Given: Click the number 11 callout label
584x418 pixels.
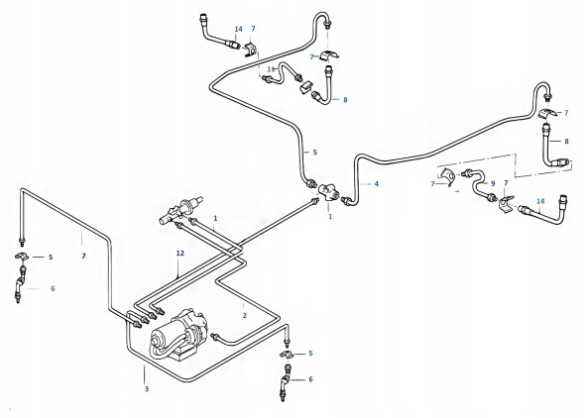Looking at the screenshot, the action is coord(272,69).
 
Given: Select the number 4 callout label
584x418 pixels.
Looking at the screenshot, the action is coord(377,183).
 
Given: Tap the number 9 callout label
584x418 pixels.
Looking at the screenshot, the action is coord(493,183).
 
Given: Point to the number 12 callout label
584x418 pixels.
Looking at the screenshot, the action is coord(180,254).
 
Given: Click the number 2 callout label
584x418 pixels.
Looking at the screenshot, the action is coord(244,315).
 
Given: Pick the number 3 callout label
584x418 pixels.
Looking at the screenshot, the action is coord(147,389).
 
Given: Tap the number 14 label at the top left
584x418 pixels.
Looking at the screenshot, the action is coord(239,29).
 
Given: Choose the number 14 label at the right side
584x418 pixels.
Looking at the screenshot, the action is coord(540,201).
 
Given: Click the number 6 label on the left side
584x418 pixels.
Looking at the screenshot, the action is coord(53,288).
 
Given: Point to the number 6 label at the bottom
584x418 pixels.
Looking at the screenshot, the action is coord(310,379).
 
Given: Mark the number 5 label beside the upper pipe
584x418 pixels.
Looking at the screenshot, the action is coord(314,153).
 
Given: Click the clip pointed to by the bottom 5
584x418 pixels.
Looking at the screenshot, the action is coord(288,355).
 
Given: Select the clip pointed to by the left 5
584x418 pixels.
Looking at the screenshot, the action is coord(22,257).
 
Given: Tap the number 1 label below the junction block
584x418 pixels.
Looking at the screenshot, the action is coord(330,216).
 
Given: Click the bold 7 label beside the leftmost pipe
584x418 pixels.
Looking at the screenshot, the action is coord(84,257).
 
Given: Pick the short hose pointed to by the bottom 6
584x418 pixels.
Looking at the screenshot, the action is coord(285,383).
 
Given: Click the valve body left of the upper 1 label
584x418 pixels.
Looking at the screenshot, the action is coord(181,211).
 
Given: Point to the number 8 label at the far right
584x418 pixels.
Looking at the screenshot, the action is coord(566,141).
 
